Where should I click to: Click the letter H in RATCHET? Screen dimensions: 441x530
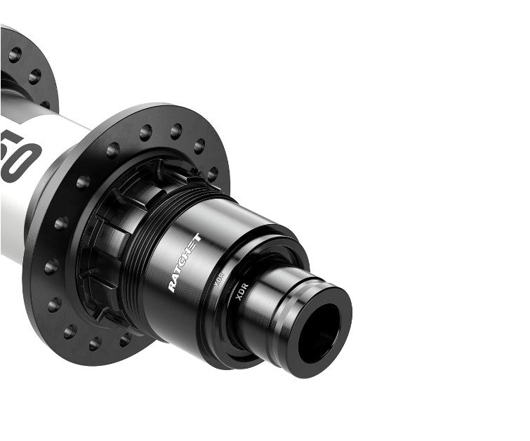click(x=188, y=255)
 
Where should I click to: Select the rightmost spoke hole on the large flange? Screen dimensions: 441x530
click(x=213, y=173)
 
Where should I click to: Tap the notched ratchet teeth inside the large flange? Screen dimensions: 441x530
click(x=105, y=232)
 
